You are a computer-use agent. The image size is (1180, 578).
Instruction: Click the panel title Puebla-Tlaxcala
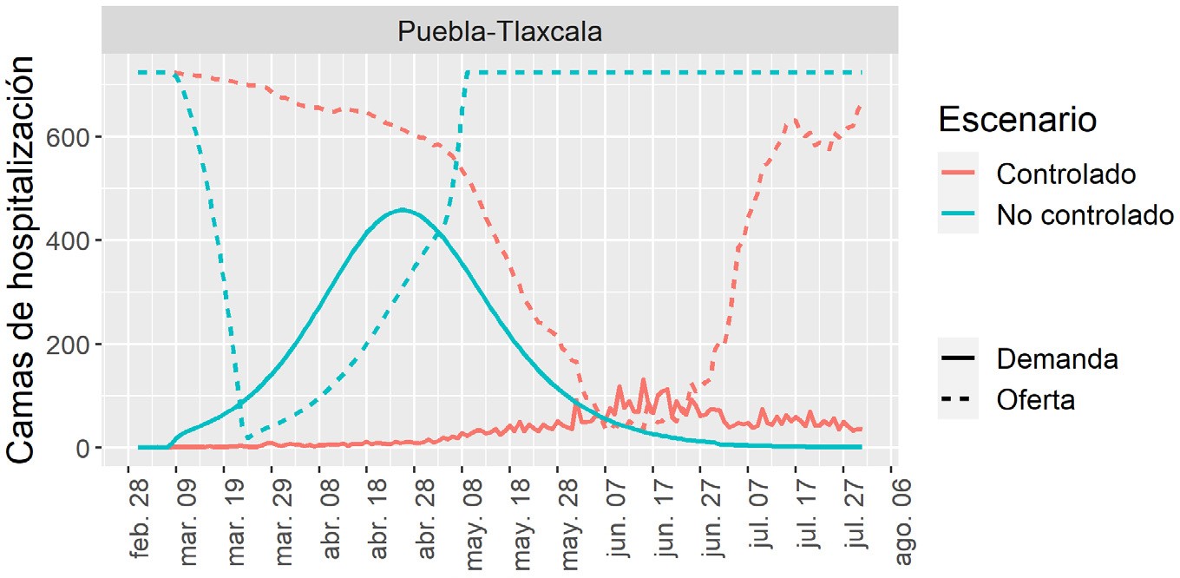500,31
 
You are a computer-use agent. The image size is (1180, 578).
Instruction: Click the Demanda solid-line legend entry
1057,358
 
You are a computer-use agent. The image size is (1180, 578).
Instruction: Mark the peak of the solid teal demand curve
401,210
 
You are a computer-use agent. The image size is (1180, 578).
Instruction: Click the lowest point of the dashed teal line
247,438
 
